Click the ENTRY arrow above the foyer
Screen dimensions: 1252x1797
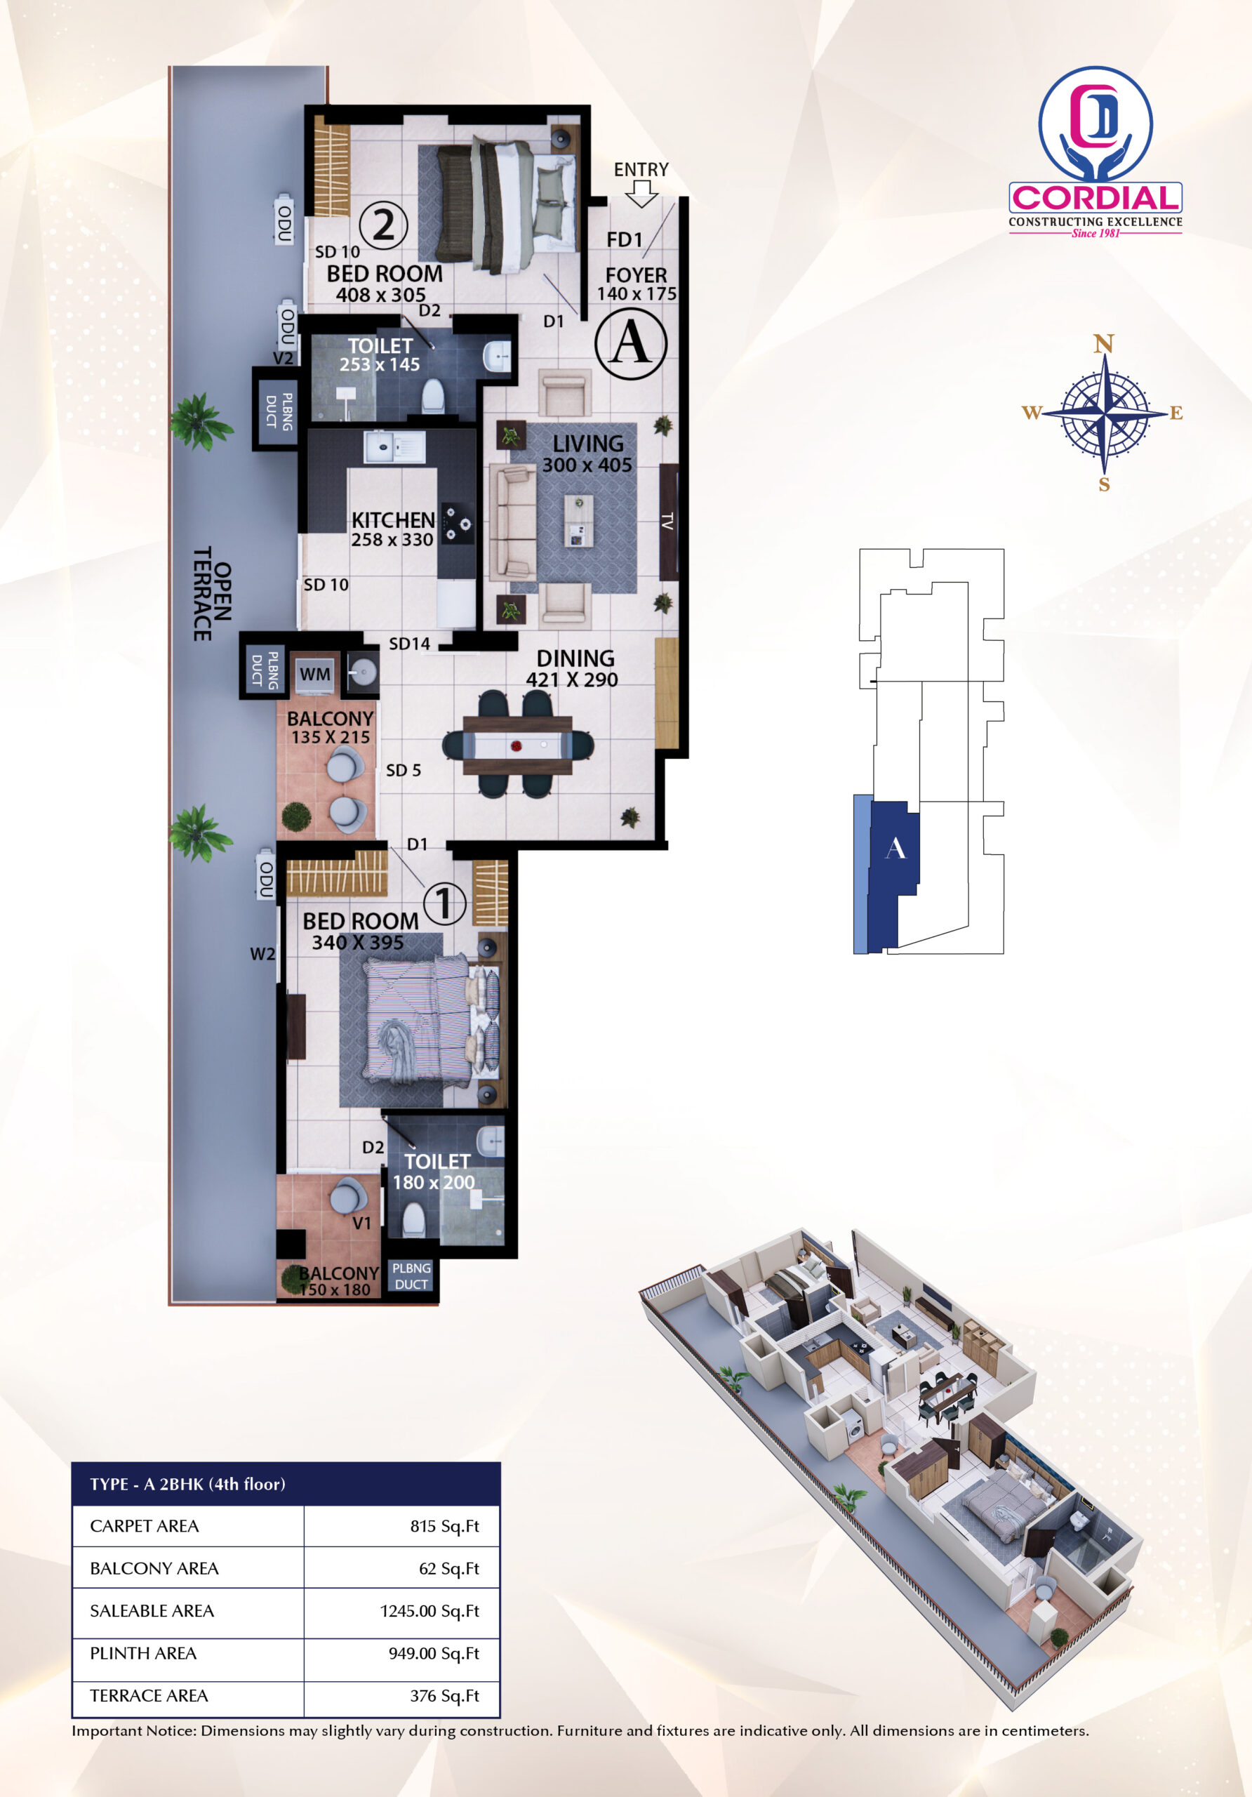[641, 193]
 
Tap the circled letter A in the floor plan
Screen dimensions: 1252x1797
[631, 343]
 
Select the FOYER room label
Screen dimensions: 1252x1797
[636, 275]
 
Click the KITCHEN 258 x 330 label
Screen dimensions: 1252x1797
[393, 530]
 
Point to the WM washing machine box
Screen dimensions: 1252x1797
[314, 674]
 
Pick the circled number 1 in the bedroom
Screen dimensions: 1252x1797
[444, 903]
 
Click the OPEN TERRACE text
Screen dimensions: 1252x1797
[213, 593]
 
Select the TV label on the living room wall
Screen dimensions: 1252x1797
[667, 522]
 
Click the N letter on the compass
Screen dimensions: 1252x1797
[1103, 343]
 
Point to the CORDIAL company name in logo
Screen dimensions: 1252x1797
[1095, 198]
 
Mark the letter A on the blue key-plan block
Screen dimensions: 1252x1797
[895, 849]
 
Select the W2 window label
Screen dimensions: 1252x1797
[262, 954]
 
